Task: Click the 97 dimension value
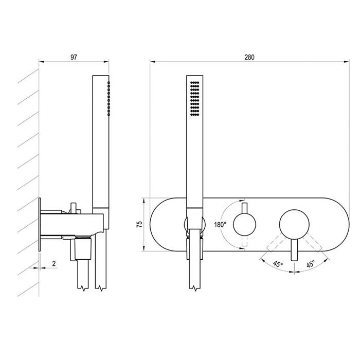pyautogui.click(x=74, y=57)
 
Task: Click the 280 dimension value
pyautogui.click(x=249, y=57)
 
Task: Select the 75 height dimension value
pyautogui.click(x=139, y=224)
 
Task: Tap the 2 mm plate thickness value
pyautogui.click(x=54, y=263)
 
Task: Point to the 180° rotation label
pyautogui.click(x=221, y=224)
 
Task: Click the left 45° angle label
pyautogui.click(x=278, y=264)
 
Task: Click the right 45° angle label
pyautogui.click(x=310, y=264)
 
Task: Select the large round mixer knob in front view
pyautogui.click(x=294, y=224)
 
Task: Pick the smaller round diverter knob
pyautogui.click(x=244, y=224)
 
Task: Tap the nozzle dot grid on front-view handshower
pyautogui.click(x=195, y=98)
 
